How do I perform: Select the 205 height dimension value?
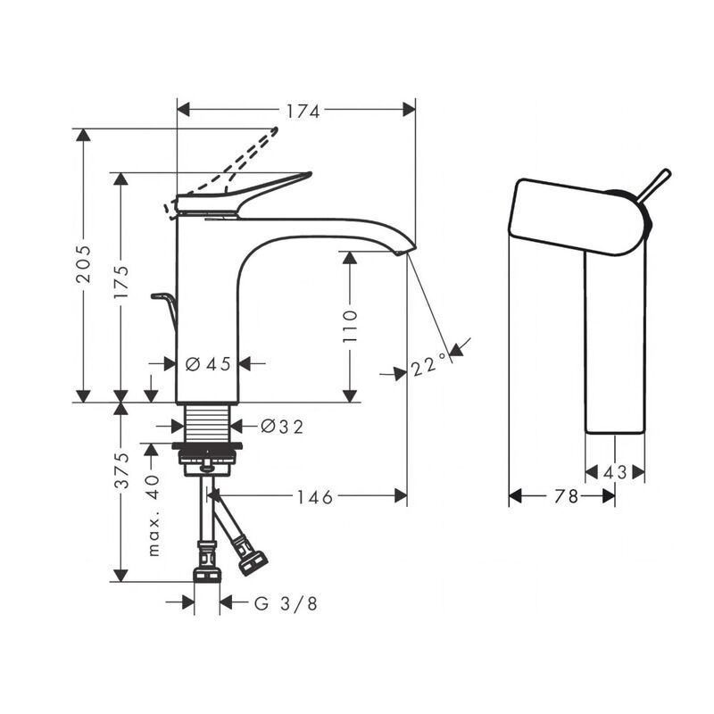coord(83,264)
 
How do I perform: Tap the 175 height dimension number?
coord(121,282)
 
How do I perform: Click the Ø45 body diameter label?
coord(208,363)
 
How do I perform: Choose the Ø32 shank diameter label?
coord(282,427)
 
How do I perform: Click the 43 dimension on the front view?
coord(616,473)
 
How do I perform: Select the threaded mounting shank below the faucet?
coord(208,423)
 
